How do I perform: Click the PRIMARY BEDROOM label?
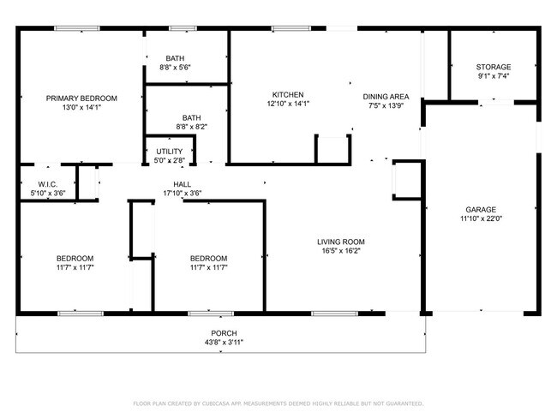81,99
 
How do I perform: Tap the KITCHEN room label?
288,94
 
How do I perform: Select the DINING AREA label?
386,97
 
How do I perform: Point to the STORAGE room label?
494,67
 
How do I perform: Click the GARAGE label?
481,209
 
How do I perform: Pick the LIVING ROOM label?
341,242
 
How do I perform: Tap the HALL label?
182,184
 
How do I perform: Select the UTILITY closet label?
169,151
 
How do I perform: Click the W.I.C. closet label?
46,184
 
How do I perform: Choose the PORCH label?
224,333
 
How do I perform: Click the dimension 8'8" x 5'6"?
175,67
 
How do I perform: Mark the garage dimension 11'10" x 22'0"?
481,218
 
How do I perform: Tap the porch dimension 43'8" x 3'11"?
224,342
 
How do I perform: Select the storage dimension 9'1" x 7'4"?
494,75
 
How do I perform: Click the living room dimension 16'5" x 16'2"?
341,250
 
